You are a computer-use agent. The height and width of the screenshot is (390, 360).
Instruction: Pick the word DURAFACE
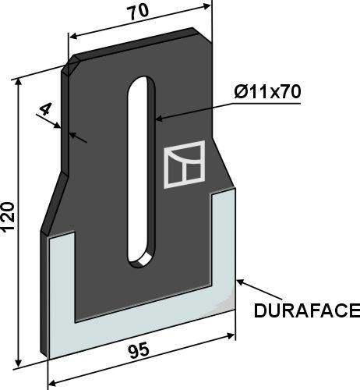pos(306,311)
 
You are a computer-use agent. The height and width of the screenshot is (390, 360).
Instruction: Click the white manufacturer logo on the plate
pos(184,165)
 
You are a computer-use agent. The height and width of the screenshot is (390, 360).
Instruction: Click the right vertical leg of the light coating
pos(223,250)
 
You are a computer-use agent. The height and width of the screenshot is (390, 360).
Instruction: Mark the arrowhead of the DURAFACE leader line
pos(239,280)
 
